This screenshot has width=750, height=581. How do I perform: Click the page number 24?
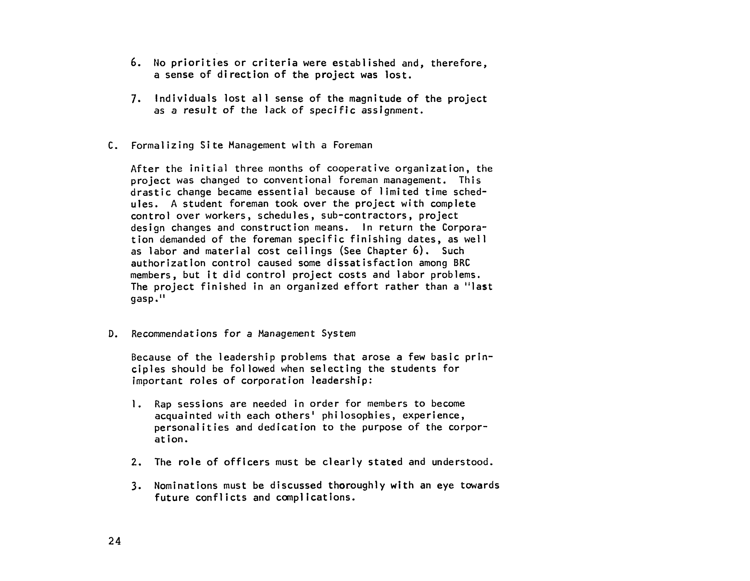pos(114,541)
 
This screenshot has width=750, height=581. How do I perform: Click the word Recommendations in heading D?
pos(174,334)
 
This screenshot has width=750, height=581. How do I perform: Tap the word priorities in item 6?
pos(200,63)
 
